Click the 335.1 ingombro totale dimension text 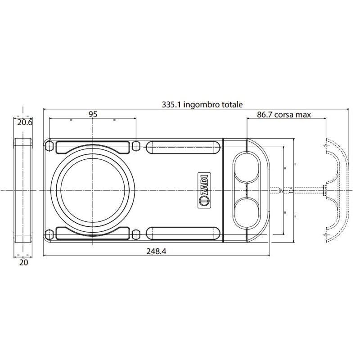(202, 104)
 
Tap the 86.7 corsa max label (284, 115)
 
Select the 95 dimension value (93, 114)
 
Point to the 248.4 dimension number (156, 252)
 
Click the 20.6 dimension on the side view (24, 122)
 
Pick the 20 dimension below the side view (24, 262)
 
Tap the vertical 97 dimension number (280, 190)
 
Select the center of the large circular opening (93, 190)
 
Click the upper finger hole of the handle (247, 167)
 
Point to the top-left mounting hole (49, 146)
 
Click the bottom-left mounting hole (49, 234)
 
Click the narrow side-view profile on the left (24, 190)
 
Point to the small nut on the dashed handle (324, 190)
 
